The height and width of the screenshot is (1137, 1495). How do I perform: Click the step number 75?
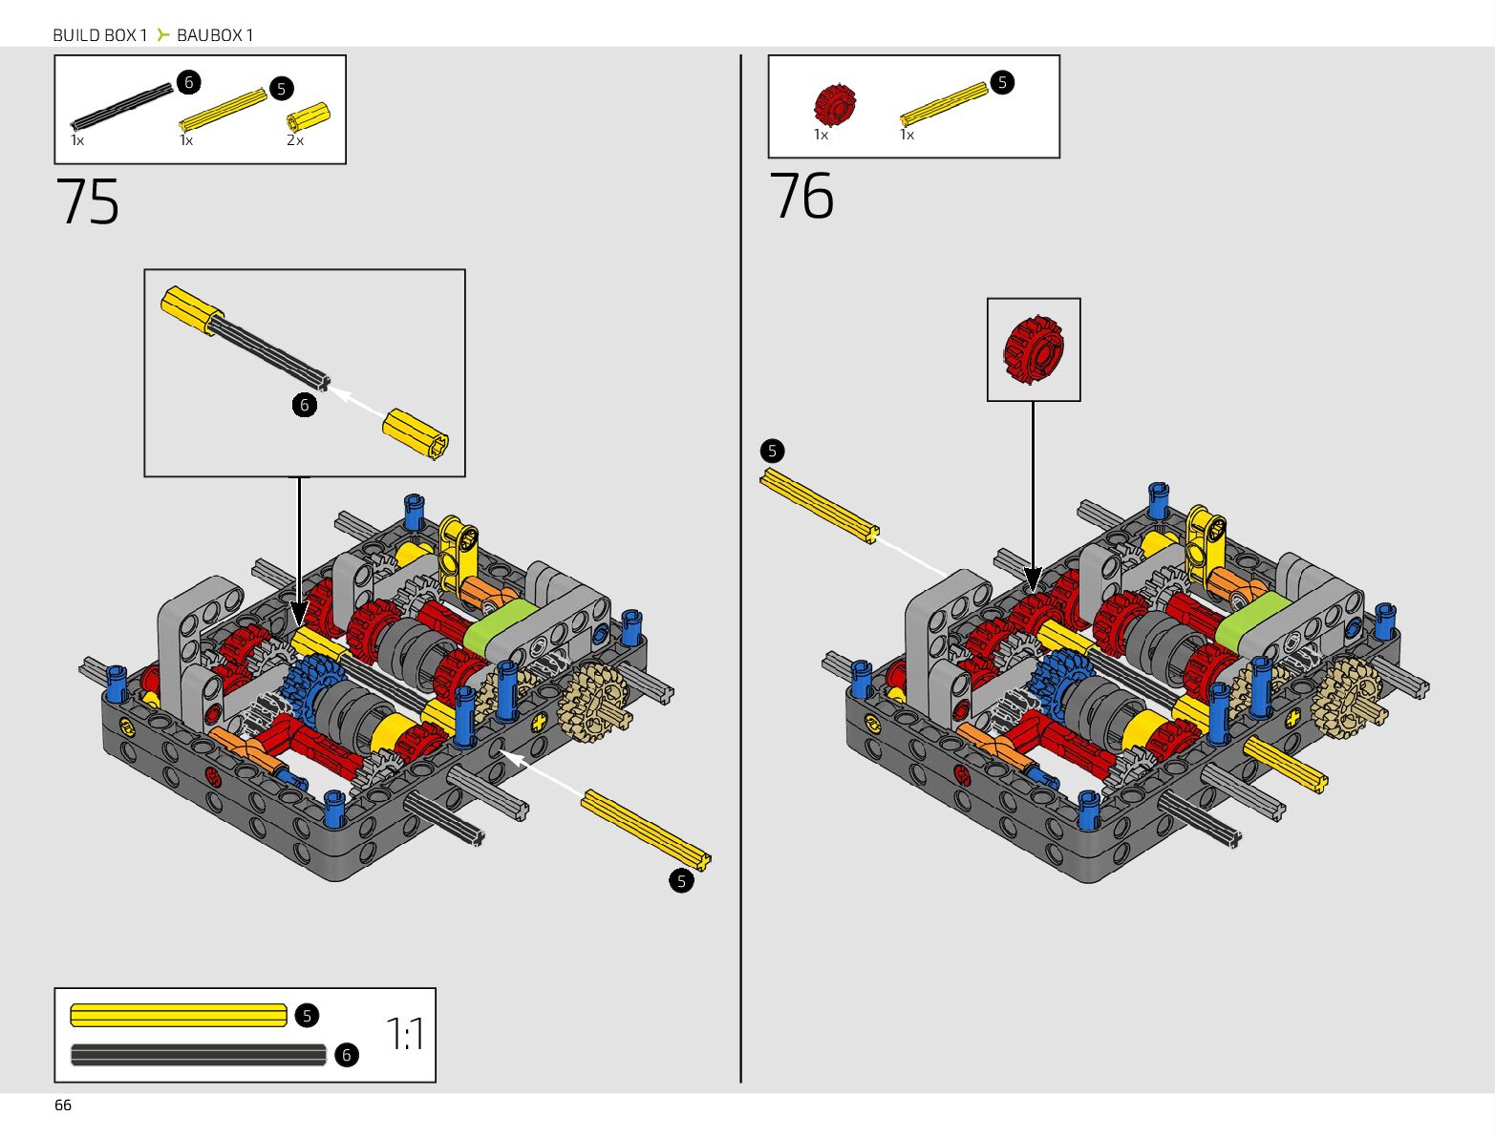coord(88,201)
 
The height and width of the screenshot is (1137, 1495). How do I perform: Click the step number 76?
coord(801,197)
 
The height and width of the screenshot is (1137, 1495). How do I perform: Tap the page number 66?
coord(63,1105)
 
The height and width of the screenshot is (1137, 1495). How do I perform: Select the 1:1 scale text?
coord(405,1034)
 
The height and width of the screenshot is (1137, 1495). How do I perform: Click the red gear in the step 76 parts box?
coord(834,104)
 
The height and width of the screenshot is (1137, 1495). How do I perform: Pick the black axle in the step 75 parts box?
coord(122,107)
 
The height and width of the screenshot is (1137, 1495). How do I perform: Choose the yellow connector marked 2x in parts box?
coord(308,117)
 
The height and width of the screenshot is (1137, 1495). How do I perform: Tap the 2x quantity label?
coord(295,140)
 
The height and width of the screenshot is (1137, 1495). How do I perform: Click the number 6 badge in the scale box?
coord(347,1054)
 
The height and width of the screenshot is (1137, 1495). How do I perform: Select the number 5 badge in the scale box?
coord(307,1015)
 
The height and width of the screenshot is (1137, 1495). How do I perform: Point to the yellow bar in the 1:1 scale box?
coord(179,1015)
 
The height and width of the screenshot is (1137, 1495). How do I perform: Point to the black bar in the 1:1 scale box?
coord(198,1055)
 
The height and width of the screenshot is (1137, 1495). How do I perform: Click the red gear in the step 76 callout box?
coord(1033,349)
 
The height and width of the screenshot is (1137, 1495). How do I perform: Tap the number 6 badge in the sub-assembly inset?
coord(304,405)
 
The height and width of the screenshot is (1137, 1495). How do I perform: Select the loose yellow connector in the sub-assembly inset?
coord(416,434)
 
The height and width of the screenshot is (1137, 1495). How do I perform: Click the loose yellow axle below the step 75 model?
coord(646,829)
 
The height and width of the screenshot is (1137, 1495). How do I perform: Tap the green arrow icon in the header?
coord(162,35)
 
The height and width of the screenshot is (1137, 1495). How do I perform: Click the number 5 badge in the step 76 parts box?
coord(1001,82)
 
